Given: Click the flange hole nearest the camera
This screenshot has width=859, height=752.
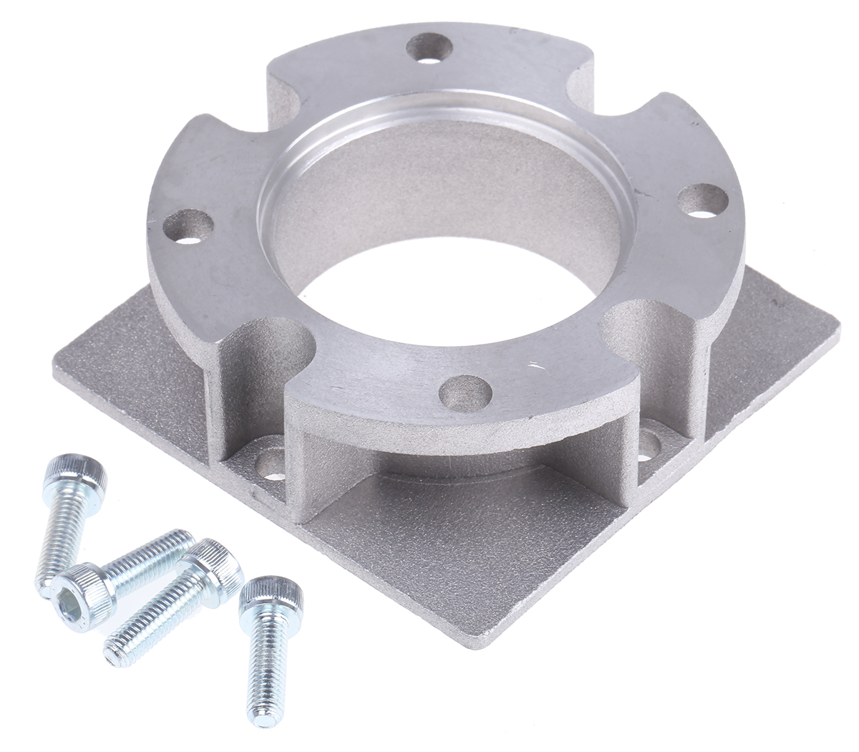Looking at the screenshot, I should tap(467, 392).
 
